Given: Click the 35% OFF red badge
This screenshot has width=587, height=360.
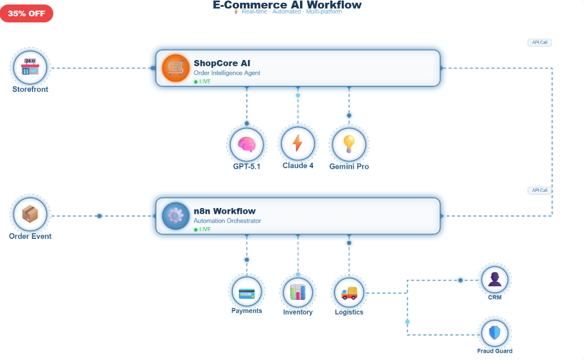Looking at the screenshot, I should (26, 13).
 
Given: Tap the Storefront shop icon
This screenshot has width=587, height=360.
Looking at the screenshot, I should (30, 67).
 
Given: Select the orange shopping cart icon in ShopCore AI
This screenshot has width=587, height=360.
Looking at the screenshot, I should (175, 68).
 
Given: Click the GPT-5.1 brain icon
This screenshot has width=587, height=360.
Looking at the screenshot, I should (247, 144).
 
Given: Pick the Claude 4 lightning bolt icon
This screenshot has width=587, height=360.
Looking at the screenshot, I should (298, 143).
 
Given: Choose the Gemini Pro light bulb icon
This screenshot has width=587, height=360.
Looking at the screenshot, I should (349, 144).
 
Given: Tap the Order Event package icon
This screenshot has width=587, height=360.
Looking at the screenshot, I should (30, 214).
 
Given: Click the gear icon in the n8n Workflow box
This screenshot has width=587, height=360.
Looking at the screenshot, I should (175, 215).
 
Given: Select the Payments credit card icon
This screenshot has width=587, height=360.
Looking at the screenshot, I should (247, 292).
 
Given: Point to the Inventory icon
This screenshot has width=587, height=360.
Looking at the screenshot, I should (298, 292).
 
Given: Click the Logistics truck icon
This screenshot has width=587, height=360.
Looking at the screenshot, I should (349, 292).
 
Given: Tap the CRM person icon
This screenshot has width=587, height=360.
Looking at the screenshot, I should (494, 279).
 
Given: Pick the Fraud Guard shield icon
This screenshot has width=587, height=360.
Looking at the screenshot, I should (494, 333).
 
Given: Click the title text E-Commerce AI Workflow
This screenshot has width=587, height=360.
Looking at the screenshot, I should (287, 5).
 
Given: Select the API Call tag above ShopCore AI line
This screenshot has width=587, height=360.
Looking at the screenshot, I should (539, 43).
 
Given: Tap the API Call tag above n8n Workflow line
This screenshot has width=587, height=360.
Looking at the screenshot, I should (539, 191).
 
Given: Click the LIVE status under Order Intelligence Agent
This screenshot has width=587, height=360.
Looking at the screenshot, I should (202, 81).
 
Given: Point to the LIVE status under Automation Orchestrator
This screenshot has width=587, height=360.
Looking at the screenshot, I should (202, 229).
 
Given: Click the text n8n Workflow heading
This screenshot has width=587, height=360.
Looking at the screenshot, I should (224, 211).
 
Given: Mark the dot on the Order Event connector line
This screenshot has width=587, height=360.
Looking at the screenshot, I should (99, 216).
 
